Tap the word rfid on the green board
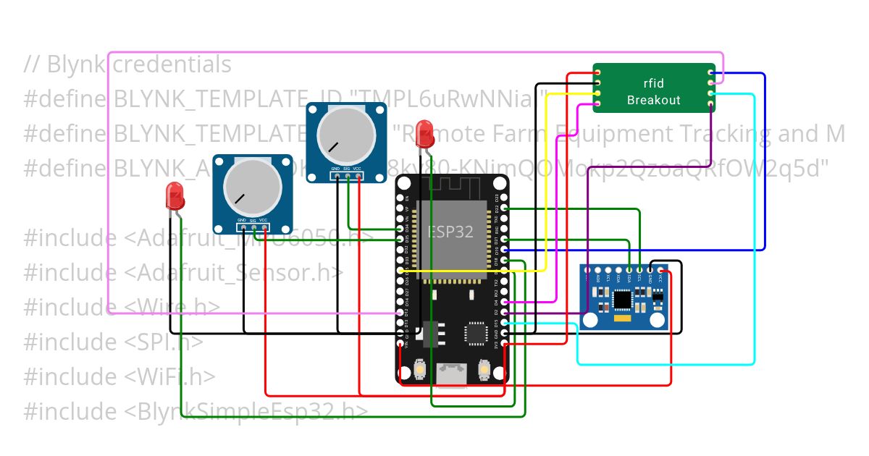tap(653, 83)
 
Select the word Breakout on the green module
tap(653, 101)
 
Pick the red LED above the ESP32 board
tap(425, 133)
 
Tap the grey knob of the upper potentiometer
tap(346, 135)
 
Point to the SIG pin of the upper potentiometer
tap(347, 176)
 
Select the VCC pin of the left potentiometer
tap(264, 228)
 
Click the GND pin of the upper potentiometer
tap(336, 176)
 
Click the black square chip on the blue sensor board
tap(621, 299)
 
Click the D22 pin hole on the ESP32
tap(504, 219)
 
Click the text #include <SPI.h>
tap(113, 342)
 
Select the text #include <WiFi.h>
tap(119, 377)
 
